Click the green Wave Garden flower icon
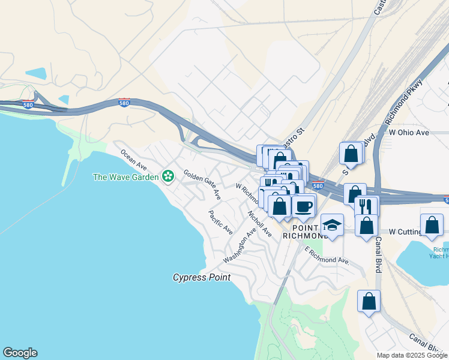pyautogui.click(x=168, y=176)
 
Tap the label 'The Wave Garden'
pyautogui.click(x=125, y=177)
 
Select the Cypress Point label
pyautogui.click(x=202, y=277)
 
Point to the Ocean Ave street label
pyautogui.click(x=134, y=158)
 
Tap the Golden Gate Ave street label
pyautogui.click(x=202, y=184)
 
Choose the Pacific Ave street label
pyautogui.click(x=220, y=222)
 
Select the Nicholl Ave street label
pyautogui.click(x=260, y=222)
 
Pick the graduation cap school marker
pyautogui.click(x=332, y=225)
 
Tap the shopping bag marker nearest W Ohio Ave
pyautogui.click(x=351, y=154)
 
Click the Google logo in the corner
pyautogui.click(x=20, y=353)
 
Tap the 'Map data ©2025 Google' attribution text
pyautogui.click(x=412, y=355)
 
